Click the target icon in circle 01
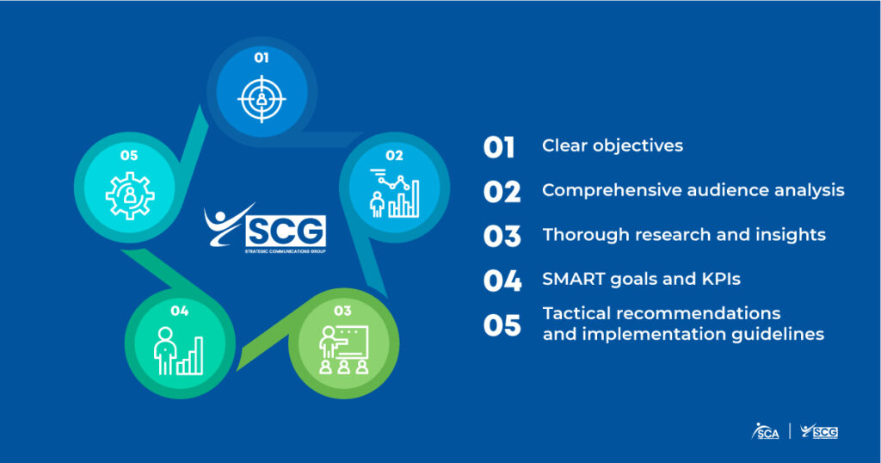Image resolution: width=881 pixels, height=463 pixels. [x=262, y=99]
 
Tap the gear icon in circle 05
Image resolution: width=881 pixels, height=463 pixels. [x=130, y=195]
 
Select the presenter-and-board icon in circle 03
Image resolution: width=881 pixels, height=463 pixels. [x=344, y=349]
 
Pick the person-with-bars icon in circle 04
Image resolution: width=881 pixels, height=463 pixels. [x=178, y=351]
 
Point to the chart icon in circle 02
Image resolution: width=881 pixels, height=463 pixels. [x=394, y=194]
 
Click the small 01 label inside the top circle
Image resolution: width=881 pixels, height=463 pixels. [x=262, y=58]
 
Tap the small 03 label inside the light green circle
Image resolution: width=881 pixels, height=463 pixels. [x=342, y=311]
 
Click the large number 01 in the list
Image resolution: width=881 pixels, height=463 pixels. [x=499, y=147]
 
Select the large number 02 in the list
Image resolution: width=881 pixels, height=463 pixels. [x=502, y=192]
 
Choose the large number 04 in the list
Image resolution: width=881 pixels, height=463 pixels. [x=502, y=281]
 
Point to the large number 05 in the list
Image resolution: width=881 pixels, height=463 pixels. [x=502, y=324]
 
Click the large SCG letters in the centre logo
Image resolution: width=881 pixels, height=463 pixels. [x=286, y=231]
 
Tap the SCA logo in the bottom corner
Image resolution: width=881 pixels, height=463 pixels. [x=765, y=431]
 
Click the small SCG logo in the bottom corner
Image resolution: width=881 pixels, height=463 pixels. [x=819, y=431]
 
